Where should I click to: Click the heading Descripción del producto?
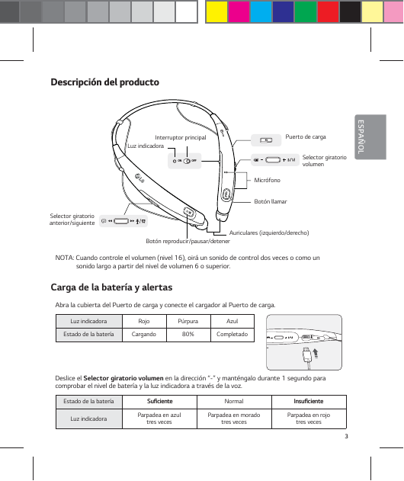(x=104, y=82)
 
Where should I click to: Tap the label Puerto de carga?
(x=305, y=137)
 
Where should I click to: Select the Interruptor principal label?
(x=181, y=137)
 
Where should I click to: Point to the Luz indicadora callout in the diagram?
(x=145, y=146)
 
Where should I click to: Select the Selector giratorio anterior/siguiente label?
(x=72, y=220)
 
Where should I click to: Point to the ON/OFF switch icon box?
(x=185, y=160)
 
